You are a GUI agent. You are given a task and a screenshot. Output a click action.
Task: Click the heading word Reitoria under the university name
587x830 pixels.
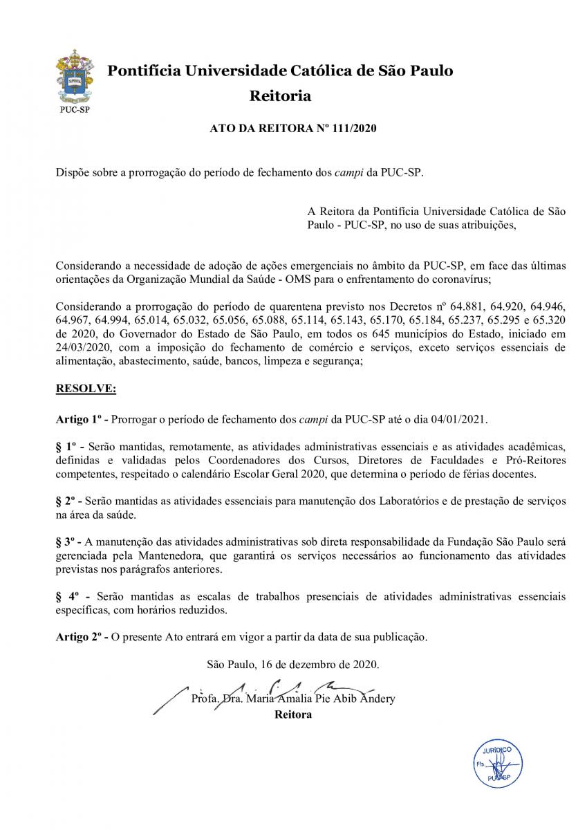tap(280, 95)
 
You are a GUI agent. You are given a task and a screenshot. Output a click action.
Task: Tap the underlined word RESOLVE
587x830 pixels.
tap(86, 389)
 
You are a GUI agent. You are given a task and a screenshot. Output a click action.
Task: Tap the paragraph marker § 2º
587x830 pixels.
tap(69, 500)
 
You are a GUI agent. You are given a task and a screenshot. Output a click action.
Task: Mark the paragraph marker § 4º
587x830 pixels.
tap(70, 596)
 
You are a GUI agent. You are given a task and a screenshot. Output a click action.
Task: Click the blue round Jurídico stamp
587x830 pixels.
tap(497, 764)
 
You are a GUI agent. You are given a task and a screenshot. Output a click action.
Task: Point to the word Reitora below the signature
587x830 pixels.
tap(293, 714)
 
